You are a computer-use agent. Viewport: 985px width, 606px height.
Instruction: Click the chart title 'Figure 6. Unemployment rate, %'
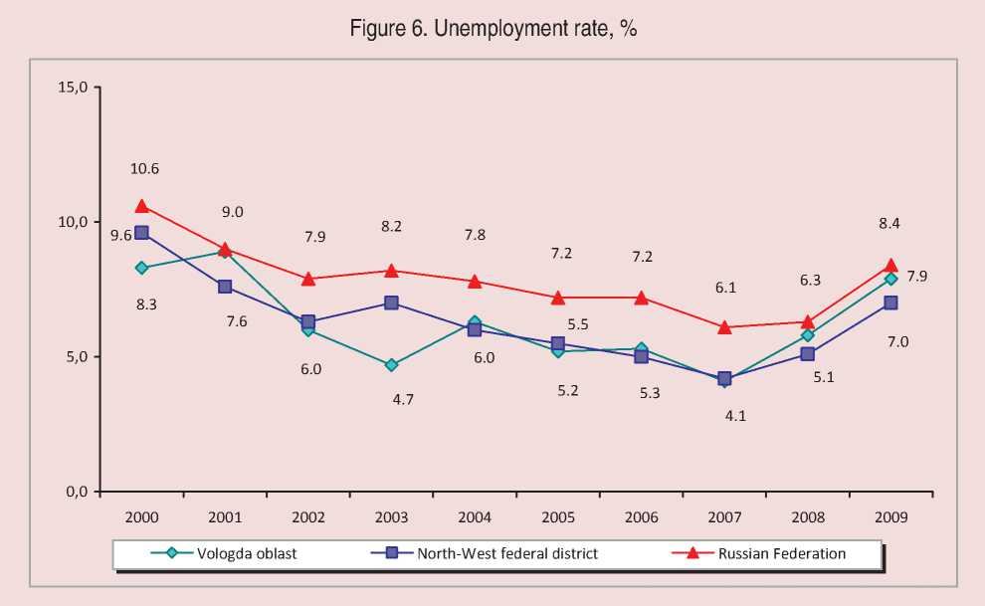[492, 29]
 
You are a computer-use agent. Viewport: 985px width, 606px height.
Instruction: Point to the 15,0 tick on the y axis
[75, 87]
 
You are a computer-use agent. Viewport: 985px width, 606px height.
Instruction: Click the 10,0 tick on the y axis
[75, 222]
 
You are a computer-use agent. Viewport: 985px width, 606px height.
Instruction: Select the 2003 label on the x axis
[392, 517]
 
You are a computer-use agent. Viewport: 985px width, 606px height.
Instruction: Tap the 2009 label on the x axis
[890, 517]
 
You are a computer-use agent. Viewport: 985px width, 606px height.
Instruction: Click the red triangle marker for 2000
[142, 206]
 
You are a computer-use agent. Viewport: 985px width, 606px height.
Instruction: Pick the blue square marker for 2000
[142, 233]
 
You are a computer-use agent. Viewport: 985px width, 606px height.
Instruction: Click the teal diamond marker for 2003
[392, 365]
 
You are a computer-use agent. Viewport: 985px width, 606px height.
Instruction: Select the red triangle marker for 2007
[724, 326]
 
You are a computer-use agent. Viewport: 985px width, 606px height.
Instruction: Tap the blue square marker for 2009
[890, 303]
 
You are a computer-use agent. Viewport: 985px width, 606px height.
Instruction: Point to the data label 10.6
[145, 169]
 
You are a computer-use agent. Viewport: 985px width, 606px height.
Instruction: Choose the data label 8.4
[889, 224]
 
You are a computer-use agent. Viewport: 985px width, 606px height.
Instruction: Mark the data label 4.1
[735, 417]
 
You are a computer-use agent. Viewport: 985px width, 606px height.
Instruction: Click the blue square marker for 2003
[392, 303]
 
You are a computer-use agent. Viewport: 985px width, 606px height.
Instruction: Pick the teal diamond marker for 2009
[890, 279]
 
